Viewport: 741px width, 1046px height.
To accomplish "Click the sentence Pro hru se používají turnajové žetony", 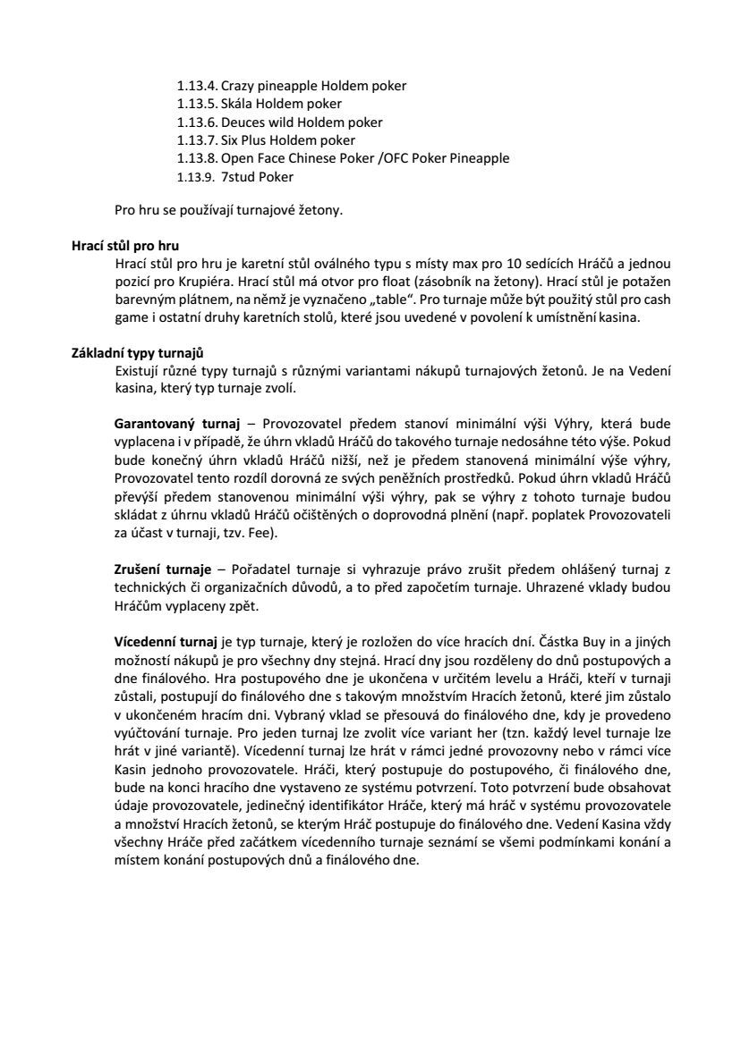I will point(229,211).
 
